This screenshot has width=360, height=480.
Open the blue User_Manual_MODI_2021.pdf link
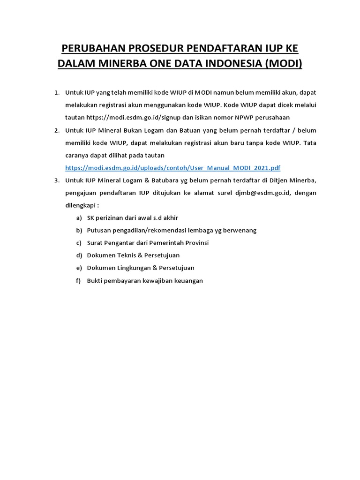[x=173, y=167]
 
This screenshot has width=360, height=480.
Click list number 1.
[x=57, y=92]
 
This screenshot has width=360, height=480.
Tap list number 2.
[x=57, y=130]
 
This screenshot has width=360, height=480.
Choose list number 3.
[x=57, y=180]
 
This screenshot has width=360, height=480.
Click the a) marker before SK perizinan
[x=78, y=218]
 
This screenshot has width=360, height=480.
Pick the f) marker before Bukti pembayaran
[x=78, y=280]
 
